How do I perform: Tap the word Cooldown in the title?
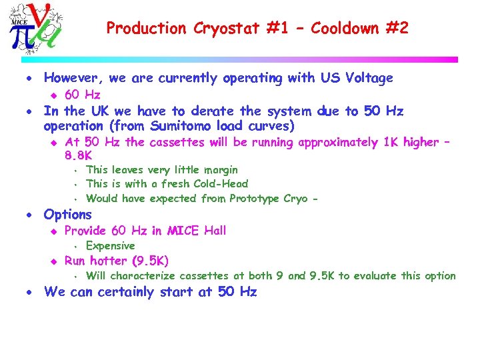click(x=344, y=29)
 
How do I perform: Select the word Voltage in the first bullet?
click(x=369, y=79)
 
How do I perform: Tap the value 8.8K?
click(x=79, y=156)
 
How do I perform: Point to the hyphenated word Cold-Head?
click(x=217, y=184)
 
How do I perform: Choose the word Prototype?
click(x=255, y=199)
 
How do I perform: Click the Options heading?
click(x=67, y=215)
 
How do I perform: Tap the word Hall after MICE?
click(x=213, y=231)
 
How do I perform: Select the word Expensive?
click(x=111, y=246)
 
